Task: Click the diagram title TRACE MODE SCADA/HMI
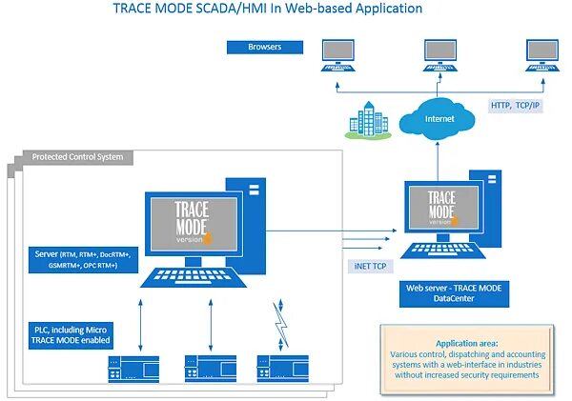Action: pyautogui.click(x=267, y=10)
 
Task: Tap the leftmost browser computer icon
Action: pyautogui.click(x=337, y=54)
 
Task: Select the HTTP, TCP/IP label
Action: pyautogui.click(x=516, y=107)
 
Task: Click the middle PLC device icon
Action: pyautogui.click(x=210, y=365)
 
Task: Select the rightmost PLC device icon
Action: pyautogui.click(x=276, y=365)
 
